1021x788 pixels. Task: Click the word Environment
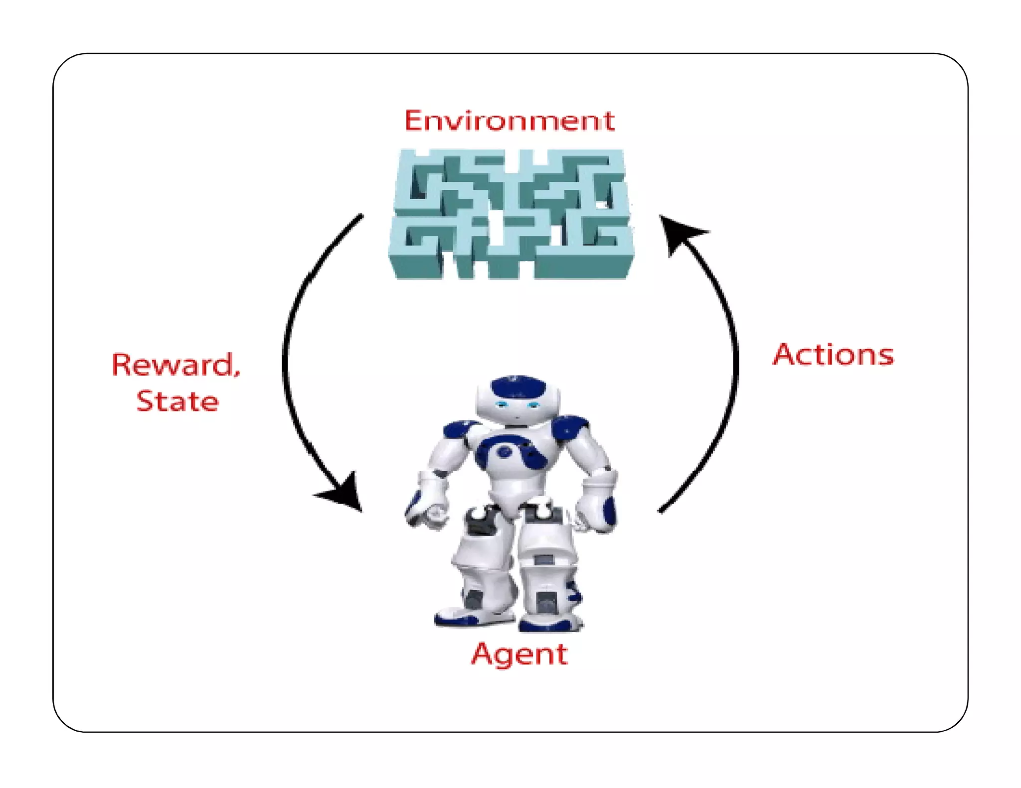pos(509,121)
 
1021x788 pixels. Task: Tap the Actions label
pos(833,355)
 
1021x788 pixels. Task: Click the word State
pos(177,401)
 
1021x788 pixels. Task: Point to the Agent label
pos(519,654)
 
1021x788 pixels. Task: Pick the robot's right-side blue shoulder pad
pos(570,426)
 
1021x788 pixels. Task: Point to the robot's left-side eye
pos(501,404)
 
